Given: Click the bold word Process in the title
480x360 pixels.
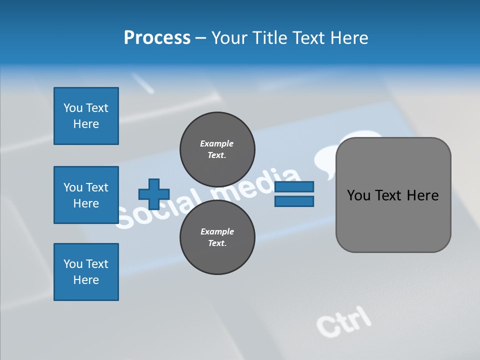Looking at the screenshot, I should (157, 38).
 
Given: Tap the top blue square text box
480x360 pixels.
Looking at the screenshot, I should (86, 116).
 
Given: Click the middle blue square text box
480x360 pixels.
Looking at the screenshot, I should (86, 195).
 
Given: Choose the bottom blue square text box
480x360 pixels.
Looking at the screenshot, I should (86, 272).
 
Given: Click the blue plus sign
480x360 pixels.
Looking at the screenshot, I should (154, 194).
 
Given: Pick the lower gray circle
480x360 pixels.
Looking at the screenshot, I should (217, 237).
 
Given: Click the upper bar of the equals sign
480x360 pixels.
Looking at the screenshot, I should (294, 186).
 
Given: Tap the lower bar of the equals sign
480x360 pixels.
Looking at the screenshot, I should (294, 201).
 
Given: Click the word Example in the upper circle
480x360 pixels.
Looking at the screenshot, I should (216, 143).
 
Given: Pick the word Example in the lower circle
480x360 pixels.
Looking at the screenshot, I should (217, 231).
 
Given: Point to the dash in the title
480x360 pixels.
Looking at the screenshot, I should (200, 38).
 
